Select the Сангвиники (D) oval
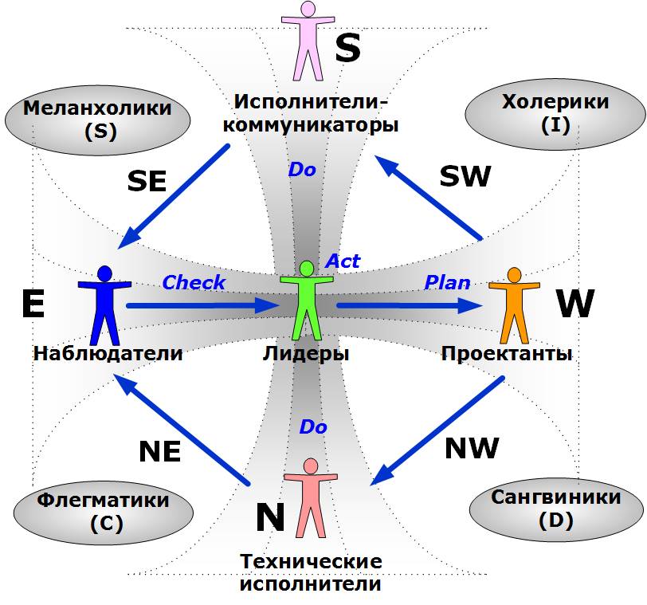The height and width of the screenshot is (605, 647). tap(555, 508)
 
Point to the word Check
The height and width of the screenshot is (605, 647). tap(194, 283)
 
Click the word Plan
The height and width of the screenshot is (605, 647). tap(447, 283)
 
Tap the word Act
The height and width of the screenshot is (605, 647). tap(343, 261)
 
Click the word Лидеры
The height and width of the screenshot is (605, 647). tap(305, 353)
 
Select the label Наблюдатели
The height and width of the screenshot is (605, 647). tap(108, 353)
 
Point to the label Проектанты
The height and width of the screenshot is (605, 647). tap(507, 353)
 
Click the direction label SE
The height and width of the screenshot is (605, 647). tap(147, 182)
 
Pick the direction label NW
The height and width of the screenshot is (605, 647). tap(472, 448)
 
